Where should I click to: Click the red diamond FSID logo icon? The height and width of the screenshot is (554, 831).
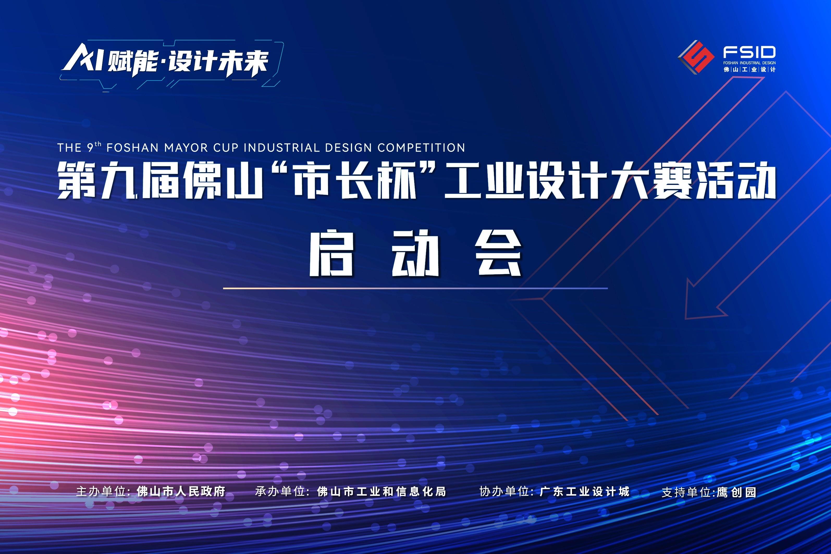click(695, 57)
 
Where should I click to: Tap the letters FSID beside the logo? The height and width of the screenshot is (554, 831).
click(749, 53)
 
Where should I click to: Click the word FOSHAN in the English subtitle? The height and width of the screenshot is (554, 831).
click(132, 148)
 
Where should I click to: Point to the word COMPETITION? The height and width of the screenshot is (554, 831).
click(421, 148)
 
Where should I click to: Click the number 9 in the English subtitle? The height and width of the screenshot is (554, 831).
click(90, 148)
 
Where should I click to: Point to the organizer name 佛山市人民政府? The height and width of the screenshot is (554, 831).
click(181, 491)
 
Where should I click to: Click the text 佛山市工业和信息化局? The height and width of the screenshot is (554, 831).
click(381, 491)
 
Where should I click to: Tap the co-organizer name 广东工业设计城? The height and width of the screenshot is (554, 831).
click(585, 491)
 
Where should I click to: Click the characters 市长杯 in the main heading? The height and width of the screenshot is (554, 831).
click(355, 180)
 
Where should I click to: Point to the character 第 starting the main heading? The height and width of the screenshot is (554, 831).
click(77, 180)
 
